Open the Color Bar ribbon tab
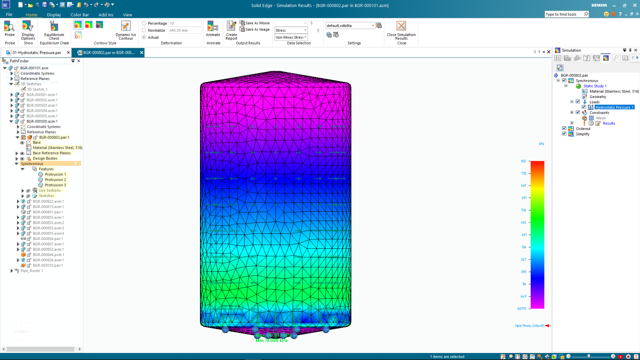pos(80,15)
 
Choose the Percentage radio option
pos(144,23)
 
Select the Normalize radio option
pos(144,30)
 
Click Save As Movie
pos(255,23)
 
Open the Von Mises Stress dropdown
pos(291,37)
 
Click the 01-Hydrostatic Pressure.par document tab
pos(37,52)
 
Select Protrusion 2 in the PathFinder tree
pos(55,180)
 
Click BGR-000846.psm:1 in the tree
pos(48,255)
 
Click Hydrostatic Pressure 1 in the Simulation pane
pos(614,107)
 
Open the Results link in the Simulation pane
pos(609,123)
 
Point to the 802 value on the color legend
pos(523,161)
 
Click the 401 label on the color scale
pos(524,235)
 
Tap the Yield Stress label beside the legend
pos(529,326)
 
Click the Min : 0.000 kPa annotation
pos(271,340)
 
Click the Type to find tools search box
pos(563,14)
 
